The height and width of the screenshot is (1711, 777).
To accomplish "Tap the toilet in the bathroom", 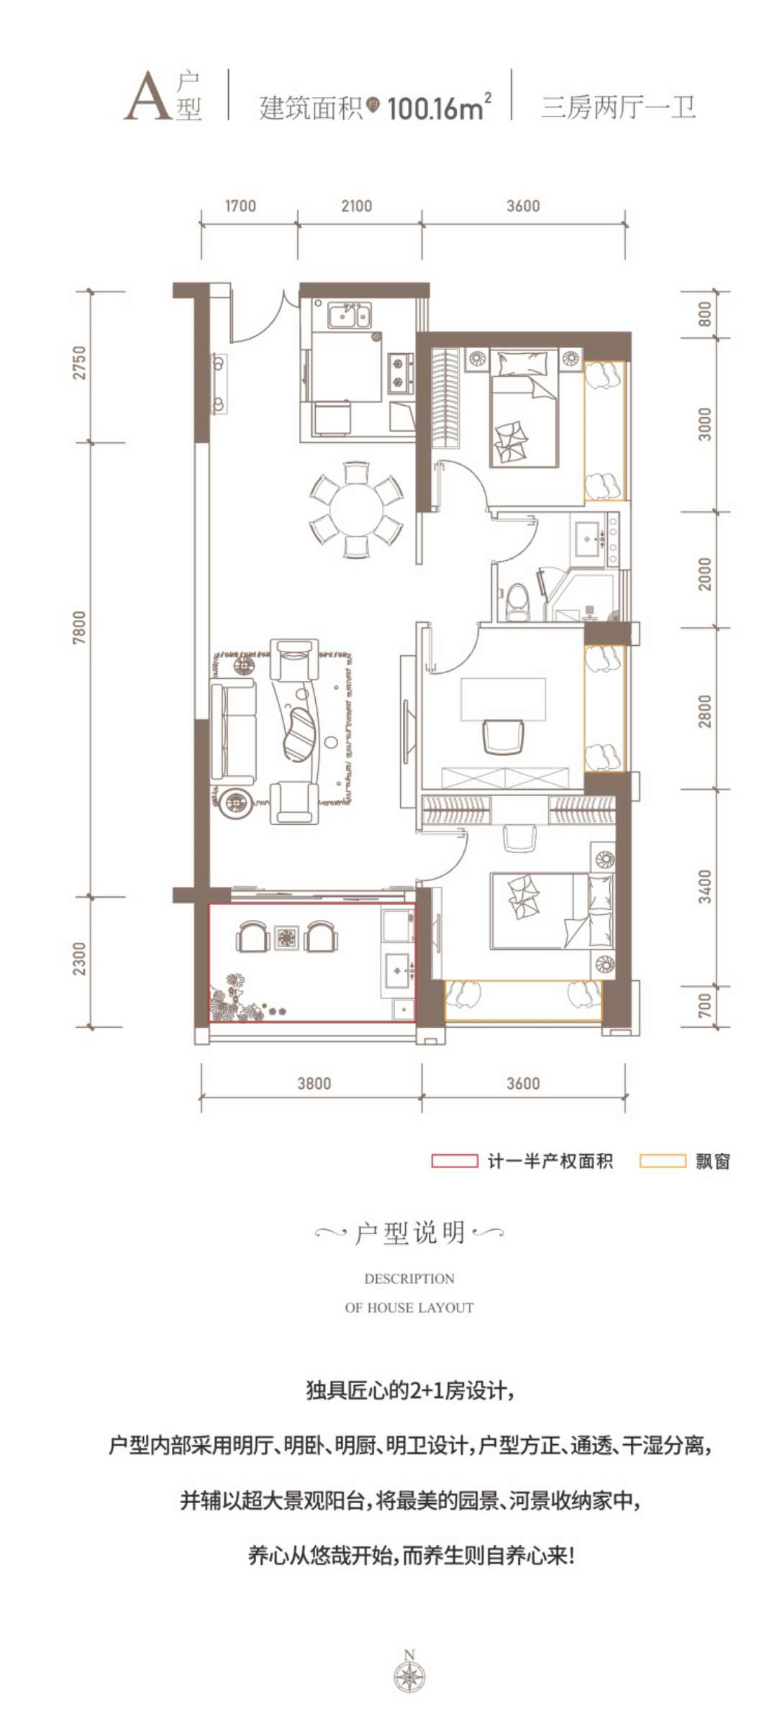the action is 517,601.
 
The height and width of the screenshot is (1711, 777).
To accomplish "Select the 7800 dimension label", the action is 79,627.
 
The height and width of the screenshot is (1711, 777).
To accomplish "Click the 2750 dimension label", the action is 79,362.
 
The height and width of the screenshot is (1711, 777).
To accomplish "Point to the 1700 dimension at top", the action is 240,206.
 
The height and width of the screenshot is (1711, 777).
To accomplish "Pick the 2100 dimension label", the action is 356,206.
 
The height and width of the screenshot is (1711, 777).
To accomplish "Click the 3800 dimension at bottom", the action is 314,1083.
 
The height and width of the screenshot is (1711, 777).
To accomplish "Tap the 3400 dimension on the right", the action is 704,887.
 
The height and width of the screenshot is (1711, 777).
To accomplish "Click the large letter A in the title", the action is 147,96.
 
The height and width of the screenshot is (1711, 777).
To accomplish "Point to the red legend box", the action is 454,1161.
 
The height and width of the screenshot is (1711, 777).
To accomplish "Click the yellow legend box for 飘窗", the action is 663,1161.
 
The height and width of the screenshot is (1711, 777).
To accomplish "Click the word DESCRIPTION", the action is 409,1279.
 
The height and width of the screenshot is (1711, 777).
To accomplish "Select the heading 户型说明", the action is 409,1233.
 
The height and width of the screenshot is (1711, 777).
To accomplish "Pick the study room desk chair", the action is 503,736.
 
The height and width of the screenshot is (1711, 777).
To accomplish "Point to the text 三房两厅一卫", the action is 619,108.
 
